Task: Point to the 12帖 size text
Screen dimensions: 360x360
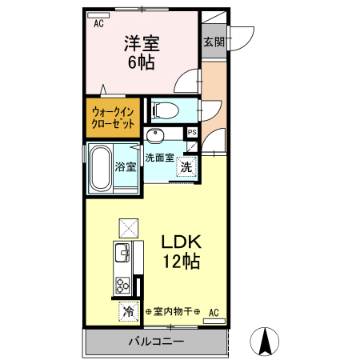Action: point(182,261)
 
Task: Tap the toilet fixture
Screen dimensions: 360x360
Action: point(168,110)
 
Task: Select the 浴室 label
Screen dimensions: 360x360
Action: point(126,167)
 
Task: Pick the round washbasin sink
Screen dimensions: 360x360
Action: point(158,135)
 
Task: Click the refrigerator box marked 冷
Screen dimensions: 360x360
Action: point(128,310)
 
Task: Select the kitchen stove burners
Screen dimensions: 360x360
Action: point(123,285)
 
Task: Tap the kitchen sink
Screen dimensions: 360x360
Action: point(123,255)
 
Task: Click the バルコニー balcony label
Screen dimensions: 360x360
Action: point(157,342)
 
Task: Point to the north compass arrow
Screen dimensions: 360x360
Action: point(266,342)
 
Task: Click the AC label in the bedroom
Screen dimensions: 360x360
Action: point(99,25)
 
